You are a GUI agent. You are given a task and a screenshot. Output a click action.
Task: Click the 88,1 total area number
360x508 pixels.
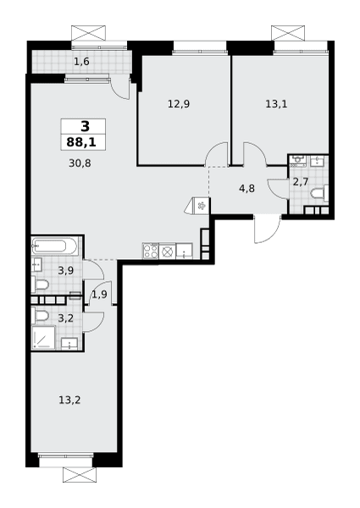pos(81,142)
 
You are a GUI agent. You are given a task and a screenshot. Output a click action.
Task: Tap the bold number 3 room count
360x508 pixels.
pos(85,126)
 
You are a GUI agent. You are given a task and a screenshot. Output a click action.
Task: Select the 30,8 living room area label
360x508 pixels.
pos(80,163)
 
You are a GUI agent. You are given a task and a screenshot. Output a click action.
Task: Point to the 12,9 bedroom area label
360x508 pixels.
pos(179,104)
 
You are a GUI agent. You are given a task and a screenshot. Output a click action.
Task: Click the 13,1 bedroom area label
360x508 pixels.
pos(276,104)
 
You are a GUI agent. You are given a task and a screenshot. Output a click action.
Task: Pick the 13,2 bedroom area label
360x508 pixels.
pos(69,400)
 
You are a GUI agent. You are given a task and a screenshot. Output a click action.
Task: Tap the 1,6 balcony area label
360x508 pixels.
pos(81,61)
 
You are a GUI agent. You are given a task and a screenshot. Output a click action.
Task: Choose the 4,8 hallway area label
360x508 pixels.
pos(246,188)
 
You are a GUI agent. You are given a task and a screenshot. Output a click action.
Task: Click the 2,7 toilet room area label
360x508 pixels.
pos(301,182)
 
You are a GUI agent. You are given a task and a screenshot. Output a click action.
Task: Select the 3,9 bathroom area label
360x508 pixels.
pos(66,271)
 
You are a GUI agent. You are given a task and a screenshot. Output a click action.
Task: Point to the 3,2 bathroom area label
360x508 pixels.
pos(66,318)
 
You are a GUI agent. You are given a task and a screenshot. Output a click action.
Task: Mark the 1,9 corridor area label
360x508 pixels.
pos(99,295)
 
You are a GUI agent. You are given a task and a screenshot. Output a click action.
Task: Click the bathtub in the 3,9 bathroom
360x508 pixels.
pos(54,246)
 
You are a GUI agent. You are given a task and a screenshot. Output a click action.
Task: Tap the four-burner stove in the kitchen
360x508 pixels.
pos(151,251)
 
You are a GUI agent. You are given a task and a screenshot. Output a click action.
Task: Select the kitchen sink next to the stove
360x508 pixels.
pos(184,251)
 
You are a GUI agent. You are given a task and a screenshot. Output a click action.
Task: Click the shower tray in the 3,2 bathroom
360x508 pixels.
pos(43,338)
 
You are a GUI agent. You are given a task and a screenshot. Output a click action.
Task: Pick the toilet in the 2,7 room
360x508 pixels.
pos(319,194)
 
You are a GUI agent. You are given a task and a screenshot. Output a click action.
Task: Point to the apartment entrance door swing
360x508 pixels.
pos(267,229)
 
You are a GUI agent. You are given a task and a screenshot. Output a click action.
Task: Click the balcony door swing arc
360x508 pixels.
pos(119,88)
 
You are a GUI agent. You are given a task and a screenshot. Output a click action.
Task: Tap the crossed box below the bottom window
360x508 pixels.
pos(80,475)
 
